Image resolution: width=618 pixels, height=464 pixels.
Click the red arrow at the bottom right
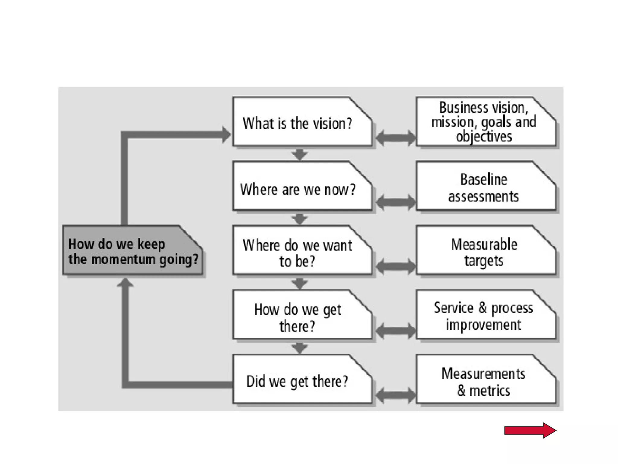click(530, 430)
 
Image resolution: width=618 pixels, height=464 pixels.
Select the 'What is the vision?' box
click(302, 122)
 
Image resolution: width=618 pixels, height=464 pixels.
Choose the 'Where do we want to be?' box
click(302, 251)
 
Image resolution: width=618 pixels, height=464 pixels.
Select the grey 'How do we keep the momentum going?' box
click(132, 251)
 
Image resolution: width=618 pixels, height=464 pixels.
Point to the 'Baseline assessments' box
click(485, 187)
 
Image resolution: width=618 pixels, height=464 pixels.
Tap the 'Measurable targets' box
click(485, 251)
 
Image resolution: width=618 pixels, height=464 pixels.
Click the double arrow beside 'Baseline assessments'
click(395, 202)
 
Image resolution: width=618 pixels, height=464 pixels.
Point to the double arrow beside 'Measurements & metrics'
click(395, 395)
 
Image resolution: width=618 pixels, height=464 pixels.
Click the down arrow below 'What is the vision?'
click(299, 154)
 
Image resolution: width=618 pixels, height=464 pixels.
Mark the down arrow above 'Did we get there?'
click(299, 348)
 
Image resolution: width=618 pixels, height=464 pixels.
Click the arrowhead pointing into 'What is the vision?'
click(226, 135)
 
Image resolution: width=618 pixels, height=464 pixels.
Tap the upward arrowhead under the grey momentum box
click(125, 283)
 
